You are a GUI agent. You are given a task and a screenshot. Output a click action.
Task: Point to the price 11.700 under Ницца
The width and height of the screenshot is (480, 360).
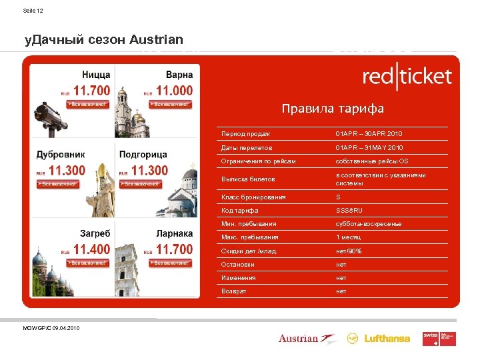pos(92,90)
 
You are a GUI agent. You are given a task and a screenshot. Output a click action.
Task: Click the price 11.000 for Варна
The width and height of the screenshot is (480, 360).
pos(174,90)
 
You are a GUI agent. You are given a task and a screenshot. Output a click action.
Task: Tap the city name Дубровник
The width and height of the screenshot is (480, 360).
pos(61,155)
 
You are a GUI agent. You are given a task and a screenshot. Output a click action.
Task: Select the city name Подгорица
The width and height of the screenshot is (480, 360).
pos(143,155)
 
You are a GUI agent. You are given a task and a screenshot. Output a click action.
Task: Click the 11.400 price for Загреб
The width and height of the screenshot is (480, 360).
pos(92,249)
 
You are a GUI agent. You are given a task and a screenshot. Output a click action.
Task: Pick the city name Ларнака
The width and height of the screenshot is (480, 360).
pos(175,233)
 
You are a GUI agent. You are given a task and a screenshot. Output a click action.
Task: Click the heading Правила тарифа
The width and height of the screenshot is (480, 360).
pos(333,108)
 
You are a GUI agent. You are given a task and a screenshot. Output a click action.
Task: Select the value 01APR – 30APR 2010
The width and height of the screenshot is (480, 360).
pos(369,134)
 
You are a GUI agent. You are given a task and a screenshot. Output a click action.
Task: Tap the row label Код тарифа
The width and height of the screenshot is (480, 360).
pos(240,211)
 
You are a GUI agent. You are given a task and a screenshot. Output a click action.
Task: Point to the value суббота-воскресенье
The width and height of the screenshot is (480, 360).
pos(368,224)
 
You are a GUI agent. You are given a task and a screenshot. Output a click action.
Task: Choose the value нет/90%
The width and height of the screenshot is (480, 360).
pos(348,251)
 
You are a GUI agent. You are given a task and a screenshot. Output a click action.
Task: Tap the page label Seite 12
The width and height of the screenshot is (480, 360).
pos(33,11)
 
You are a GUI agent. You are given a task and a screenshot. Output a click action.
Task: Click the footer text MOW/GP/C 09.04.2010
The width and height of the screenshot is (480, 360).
pos(51,327)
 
